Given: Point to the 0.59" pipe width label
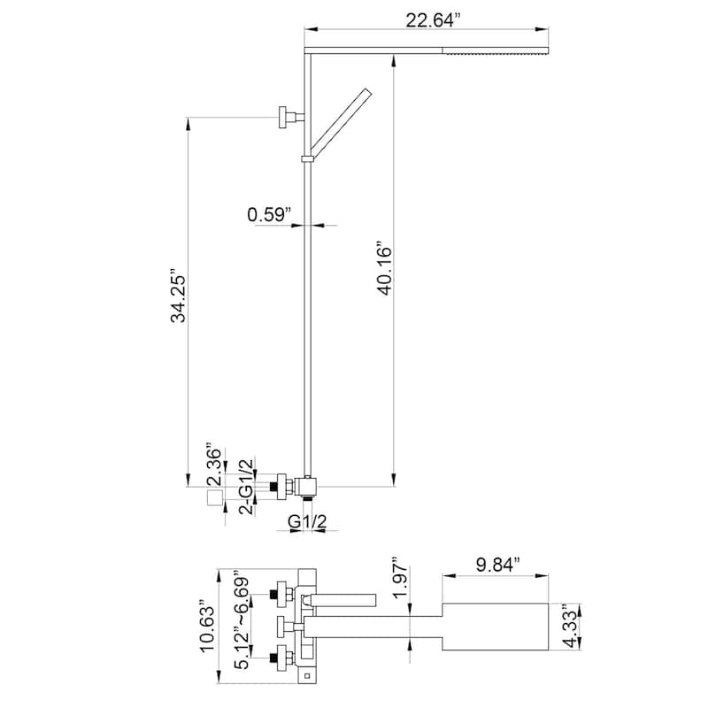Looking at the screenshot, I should click(269, 213).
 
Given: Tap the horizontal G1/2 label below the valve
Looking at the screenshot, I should click(307, 523).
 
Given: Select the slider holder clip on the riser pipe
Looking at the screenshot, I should click(307, 159).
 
